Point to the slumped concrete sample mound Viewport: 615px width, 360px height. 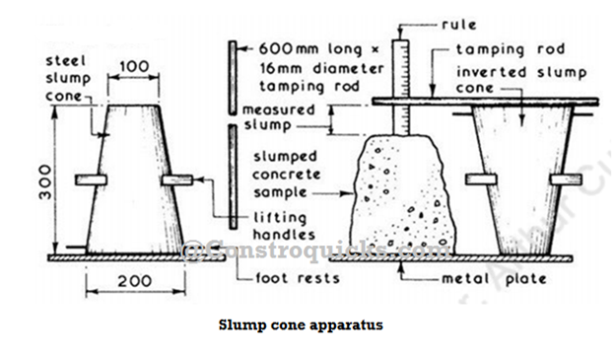click(x=403, y=192)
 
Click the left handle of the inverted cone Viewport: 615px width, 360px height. click(x=481, y=179)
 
